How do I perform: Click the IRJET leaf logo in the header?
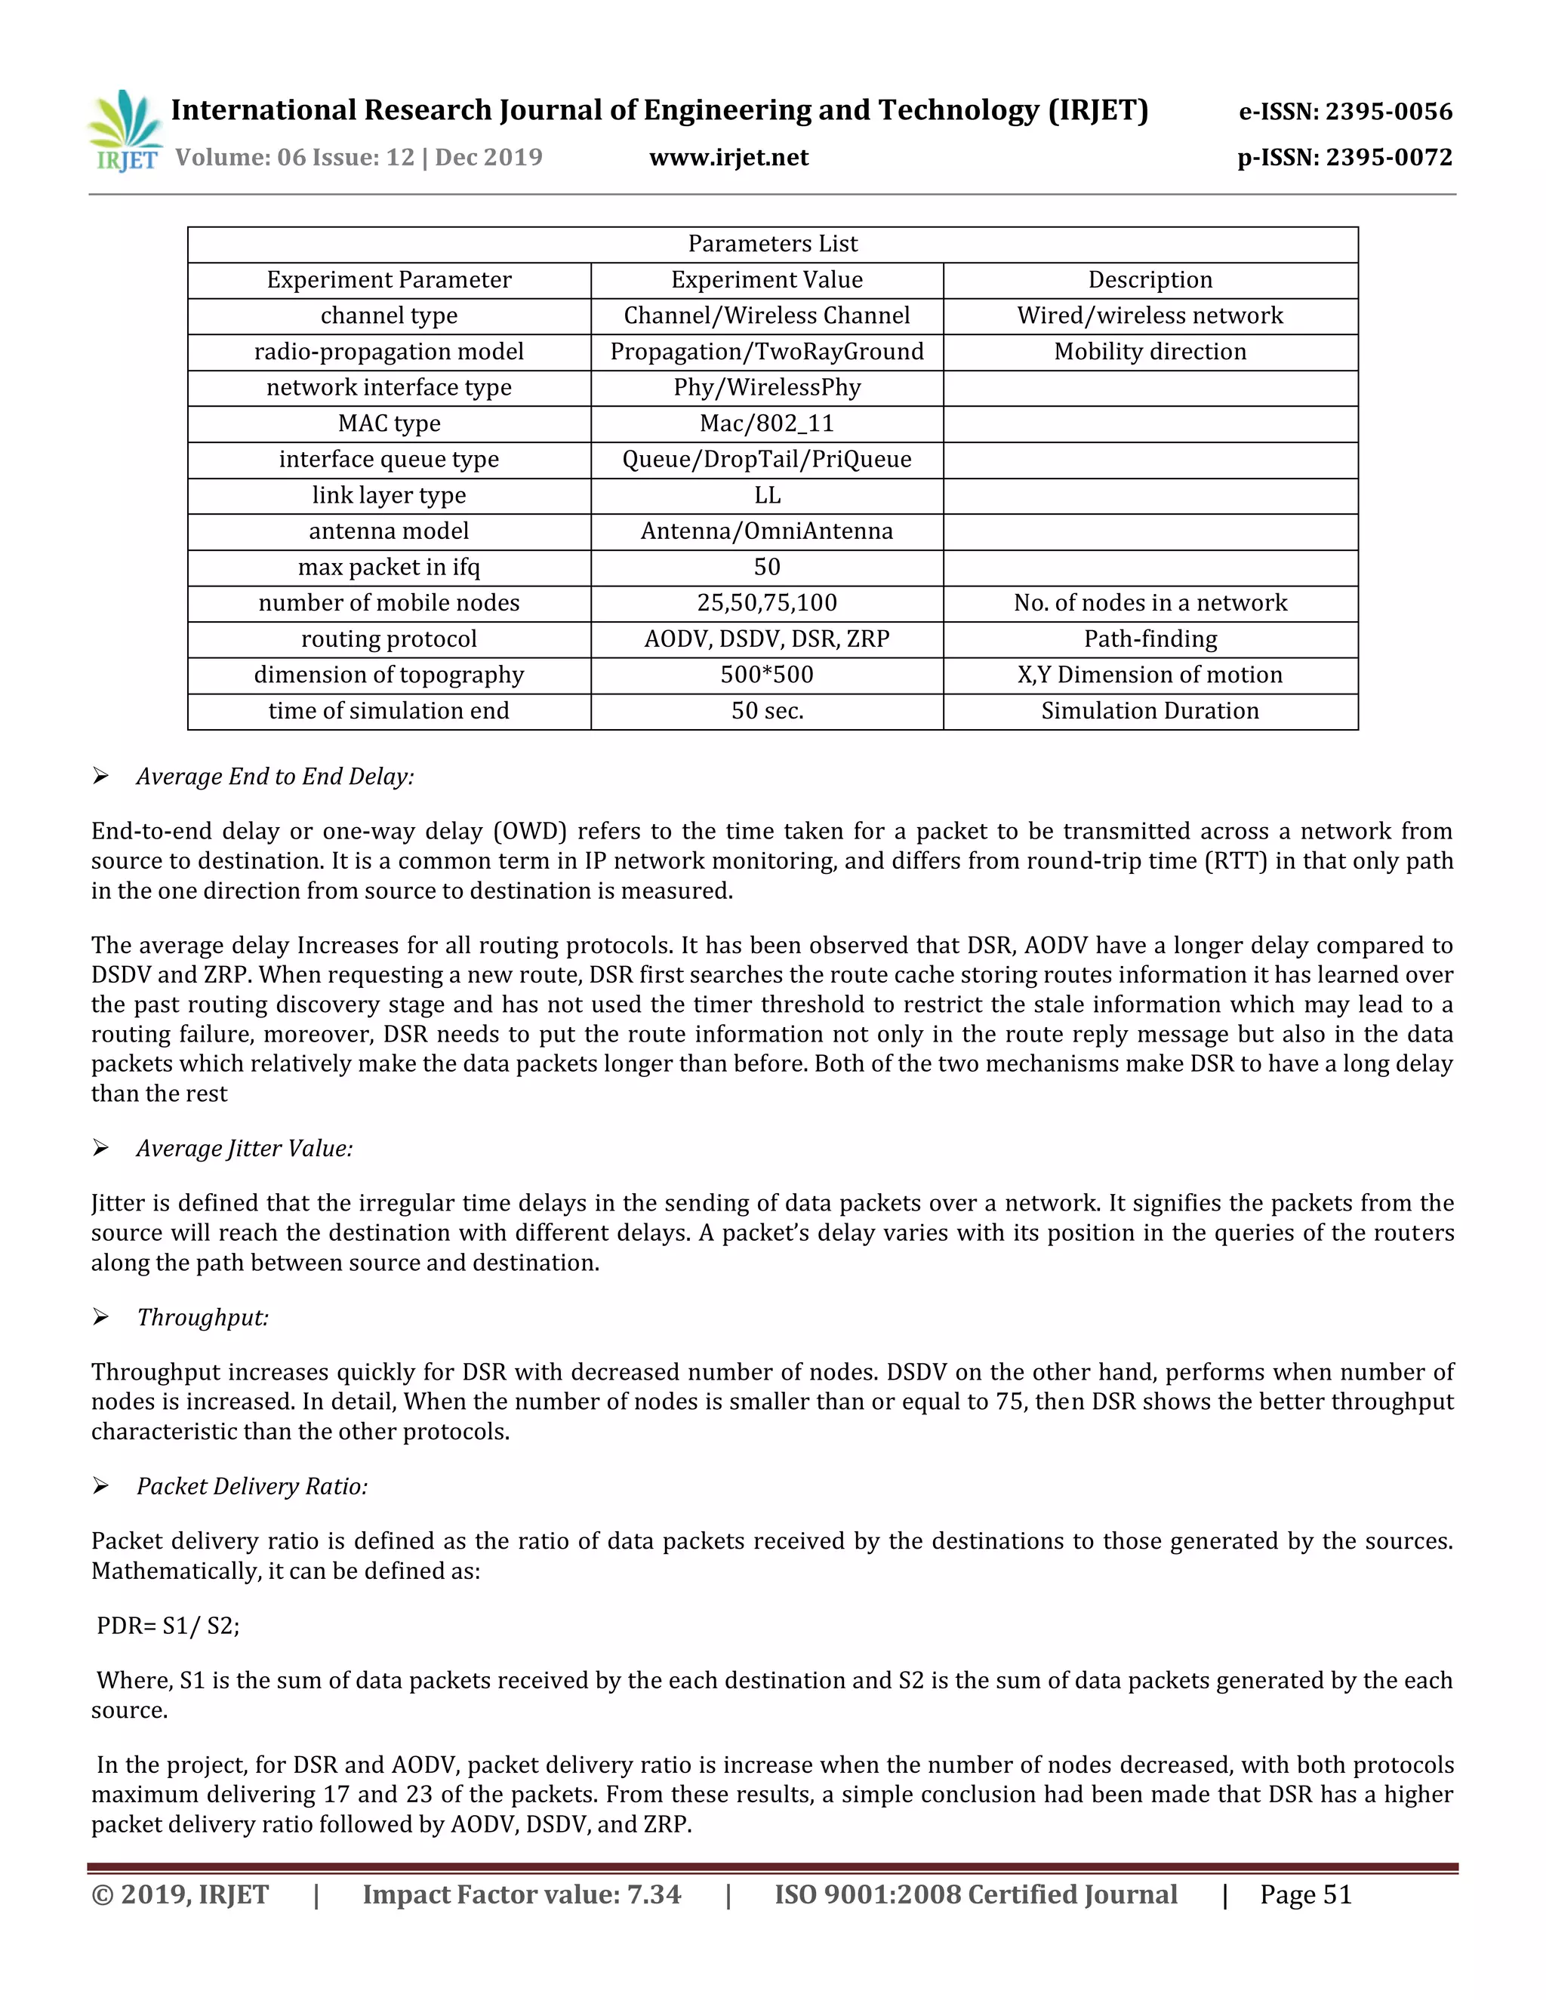click(x=126, y=131)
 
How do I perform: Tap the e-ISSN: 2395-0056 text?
click(x=1344, y=112)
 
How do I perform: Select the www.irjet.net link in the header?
click(x=728, y=158)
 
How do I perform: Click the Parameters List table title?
click(x=772, y=244)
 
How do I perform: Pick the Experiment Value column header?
click(x=767, y=279)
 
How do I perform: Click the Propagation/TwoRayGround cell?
click(x=767, y=352)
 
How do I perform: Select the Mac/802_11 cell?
click(x=767, y=423)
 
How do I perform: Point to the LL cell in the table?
click(x=767, y=495)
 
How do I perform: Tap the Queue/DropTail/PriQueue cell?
click(x=767, y=459)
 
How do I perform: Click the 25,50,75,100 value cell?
click(x=767, y=602)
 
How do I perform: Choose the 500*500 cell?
click(x=767, y=675)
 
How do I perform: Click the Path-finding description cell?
click(x=1150, y=638)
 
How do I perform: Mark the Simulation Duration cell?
click(x=1150, y=711)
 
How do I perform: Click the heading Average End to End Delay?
click(x=275, y=777)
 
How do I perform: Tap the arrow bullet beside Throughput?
click(x=100, y=1317)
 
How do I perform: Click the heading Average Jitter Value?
click(x=245, y=1149)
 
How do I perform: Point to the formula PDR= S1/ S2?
click(x=168, y=1626)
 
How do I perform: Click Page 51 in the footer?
click(x=1305, y=1894)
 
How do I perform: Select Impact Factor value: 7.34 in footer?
click(x=522, y=1894)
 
